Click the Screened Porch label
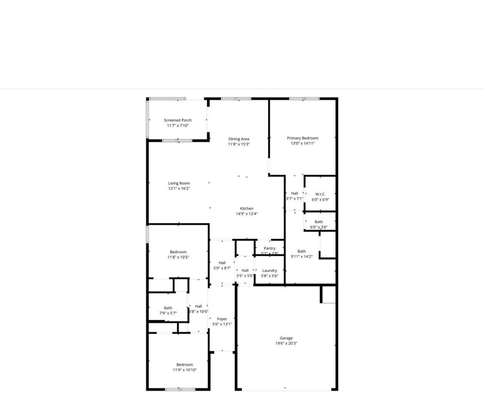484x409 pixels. tap(178, 120)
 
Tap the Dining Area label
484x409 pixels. tap(239, 139)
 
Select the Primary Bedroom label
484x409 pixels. tap(302, 138)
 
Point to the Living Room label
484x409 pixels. tap(179, 183)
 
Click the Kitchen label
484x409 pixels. tap(247, 208)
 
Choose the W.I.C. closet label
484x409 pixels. tap(320, 194)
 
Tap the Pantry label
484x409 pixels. tap(270, 248)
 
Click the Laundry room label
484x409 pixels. tap(270, 270)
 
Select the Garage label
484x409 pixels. tap(286, 338)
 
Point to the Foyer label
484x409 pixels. tap(222, 319)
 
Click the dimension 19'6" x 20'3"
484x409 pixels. tap(286, 343)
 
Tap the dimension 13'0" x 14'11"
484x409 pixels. tap(302, 143)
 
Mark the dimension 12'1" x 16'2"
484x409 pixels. tap(179, 188)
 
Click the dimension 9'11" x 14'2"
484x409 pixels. tap(301, 256)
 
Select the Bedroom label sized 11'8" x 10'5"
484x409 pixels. tap(178, 252)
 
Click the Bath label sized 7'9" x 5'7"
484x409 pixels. tap(168, 308)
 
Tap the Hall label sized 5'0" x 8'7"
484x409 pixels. tap(222, 263)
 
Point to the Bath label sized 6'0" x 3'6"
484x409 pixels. tap(319, 222)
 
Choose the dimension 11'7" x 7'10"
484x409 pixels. tap(178, 125)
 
